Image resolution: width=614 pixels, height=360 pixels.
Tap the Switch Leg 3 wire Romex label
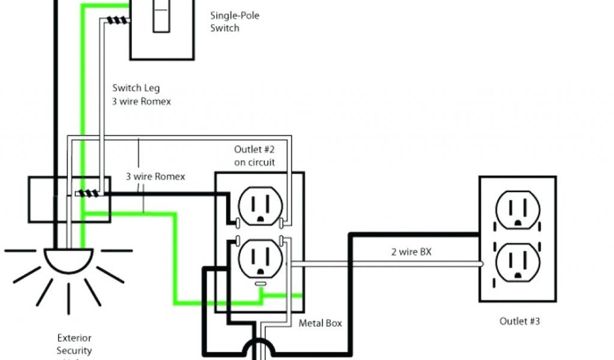(142, 95)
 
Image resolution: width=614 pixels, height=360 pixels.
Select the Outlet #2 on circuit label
(255, 155)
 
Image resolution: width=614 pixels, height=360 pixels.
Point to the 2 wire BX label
(411, 252)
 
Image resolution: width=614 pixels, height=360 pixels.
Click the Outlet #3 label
(520, 322)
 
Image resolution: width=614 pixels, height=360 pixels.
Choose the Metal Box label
(321, 323)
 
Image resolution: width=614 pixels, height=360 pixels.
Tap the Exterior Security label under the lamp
(74, 344)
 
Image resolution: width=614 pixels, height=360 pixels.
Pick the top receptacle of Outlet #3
(517, 208)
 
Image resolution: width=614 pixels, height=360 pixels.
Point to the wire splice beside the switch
(116, 20)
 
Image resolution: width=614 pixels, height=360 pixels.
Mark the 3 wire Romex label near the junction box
(155, 177)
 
